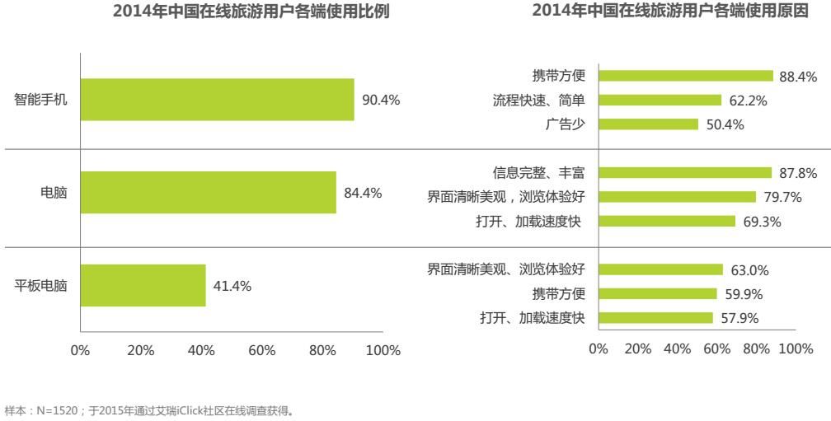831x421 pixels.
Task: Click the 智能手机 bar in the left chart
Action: click(x=217, y=100)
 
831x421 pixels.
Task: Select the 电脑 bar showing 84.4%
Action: click(x=208, y=193)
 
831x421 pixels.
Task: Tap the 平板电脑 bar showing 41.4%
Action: click(x=143, y=286)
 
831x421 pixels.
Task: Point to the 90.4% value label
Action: click(x=381, y=101)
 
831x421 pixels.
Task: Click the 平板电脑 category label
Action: click(x=40, y=286)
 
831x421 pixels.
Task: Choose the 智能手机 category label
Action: click(x=40, y=100)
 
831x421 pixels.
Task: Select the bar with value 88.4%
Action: click(x=686, y=76)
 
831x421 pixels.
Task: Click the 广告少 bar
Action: click(x=648, y=124)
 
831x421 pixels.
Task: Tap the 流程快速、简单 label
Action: click(x=539, y=101)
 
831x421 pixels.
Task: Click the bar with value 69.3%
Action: click(x=667, y=221)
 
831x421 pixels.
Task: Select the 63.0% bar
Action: click(x=660, y=269)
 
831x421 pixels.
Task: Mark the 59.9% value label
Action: click(x=743, y=294)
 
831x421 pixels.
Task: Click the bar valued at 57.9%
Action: click(x=655, y=318)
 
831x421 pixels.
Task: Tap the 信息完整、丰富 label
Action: click(x=539, y=172)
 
